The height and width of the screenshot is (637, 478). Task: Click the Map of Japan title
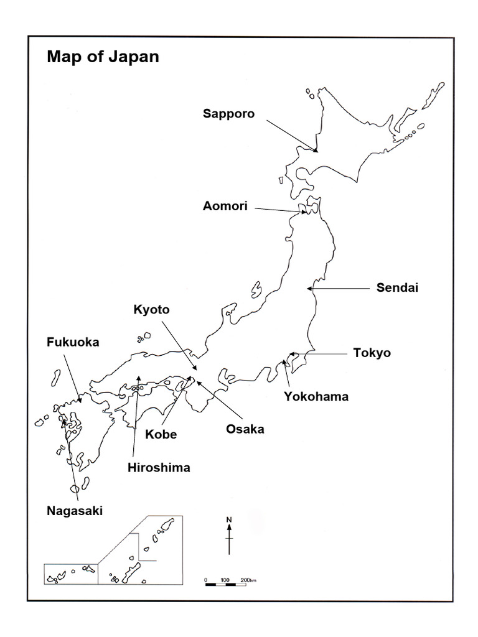[103, 57]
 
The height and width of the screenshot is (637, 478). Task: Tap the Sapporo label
[228, 114]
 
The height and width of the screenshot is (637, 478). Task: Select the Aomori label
[225, 206]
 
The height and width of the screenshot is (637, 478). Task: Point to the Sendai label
[397, 287]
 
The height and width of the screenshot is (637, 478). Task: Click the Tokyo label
[372, 353]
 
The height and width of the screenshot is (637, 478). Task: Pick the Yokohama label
[316, 396]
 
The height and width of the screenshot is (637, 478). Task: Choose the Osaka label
[245, 429]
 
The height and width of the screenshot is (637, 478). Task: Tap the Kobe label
[161, 434]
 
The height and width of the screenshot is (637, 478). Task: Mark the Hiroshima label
[159, 467]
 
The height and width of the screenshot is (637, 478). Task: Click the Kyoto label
[151, 309]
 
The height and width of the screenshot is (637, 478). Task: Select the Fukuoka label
[73, 342]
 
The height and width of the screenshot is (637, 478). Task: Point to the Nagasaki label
[75, 511]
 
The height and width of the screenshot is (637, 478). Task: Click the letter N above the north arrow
[229, 519]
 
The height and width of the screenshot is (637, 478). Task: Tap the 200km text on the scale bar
[248, 580]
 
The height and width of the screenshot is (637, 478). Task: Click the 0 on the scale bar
[205, 580]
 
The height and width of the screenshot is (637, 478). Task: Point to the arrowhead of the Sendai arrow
[309, 289]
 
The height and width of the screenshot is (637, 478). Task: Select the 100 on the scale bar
[225, 580]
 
